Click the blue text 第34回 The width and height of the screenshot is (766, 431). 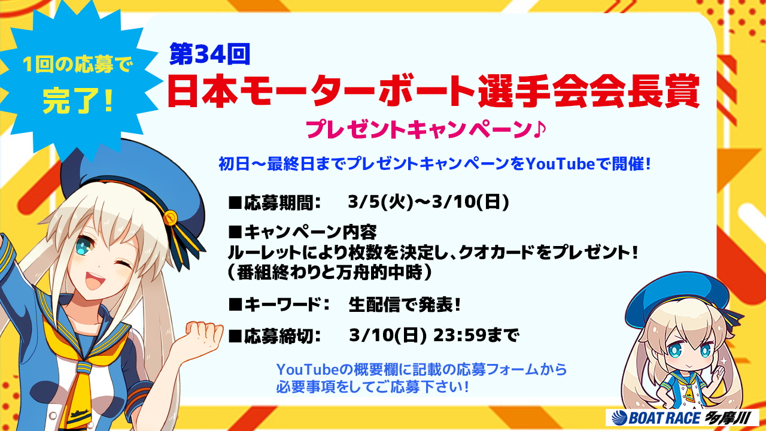click(209, 54)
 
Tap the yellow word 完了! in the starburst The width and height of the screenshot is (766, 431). click(78, 101)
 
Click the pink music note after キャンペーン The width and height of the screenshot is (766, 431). click(539, 129)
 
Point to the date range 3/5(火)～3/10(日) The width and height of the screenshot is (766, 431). click(428, 202)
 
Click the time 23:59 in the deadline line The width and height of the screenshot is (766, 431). click(460, 335)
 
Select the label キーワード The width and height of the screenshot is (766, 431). click(282, 304)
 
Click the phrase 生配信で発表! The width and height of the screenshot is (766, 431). click(405, 304)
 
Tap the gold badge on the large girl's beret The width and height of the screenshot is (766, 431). click(170, 217)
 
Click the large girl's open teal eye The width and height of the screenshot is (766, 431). click(82, 245)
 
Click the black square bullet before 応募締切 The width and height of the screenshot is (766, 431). click(235, 336)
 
